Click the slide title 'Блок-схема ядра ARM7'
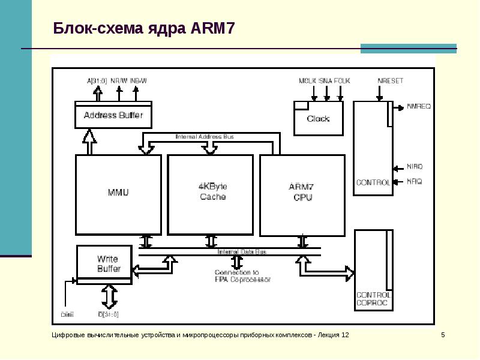(x=143, y=28)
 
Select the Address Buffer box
(x=113, y=115)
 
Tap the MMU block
(x=118, y=193)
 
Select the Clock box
(x=318, y=118)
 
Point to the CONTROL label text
(x=373, y=182)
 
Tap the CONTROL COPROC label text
(x=373, y=299)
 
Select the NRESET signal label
(x=390, y=80)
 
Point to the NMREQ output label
(x=419, y=107)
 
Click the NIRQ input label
(x=415, y=166)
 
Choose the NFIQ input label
(x=415, y=181)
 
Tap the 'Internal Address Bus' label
(x=205, y=137)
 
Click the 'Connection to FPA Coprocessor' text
(x=242, y=276)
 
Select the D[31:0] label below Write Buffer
(x=108, y=314)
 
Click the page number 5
(x=443, y=334)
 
